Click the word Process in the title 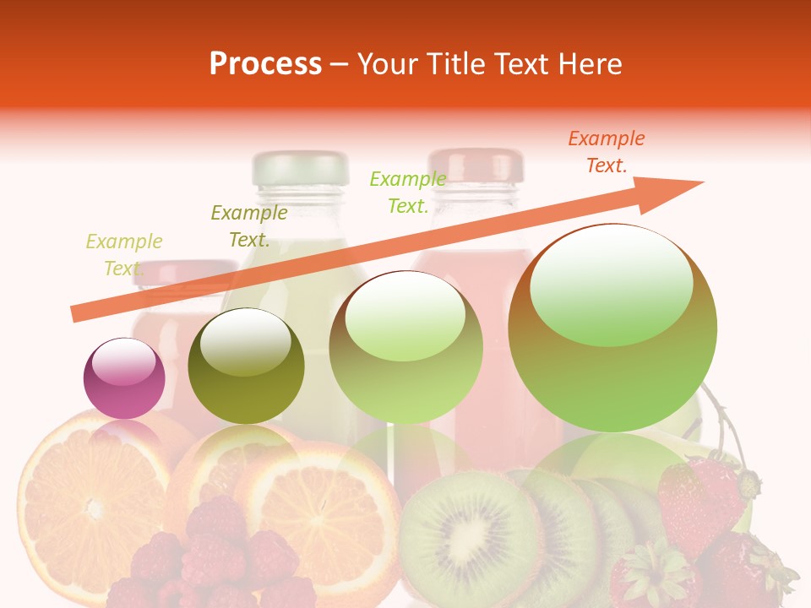tap(265, 64)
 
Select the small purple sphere tap(124, 378)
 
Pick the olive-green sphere tap(246, 366)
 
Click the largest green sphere tap(612, 328)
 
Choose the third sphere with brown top tap(405, 347)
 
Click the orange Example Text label tap(606, 152)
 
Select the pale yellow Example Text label tap(123, 255)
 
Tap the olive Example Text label tap(248, 226)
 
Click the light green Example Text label tap(407, 193)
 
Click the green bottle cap tap(300, 167)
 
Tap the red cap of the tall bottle tap(475, 165)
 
